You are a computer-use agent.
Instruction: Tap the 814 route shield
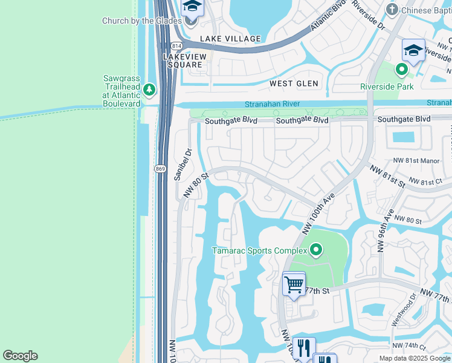click(x=176, y=46)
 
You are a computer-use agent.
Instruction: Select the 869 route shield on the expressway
click(x=160, y=168)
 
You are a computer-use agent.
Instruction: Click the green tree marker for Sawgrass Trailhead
click(x=149, y=90)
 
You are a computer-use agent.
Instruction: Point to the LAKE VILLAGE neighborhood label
click(x=230, y=39)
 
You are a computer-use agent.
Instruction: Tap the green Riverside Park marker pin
click(x=402, y=70)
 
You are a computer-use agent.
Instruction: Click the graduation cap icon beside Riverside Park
click(x=413, y=50)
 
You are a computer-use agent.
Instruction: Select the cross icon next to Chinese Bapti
click(x=392, y=10)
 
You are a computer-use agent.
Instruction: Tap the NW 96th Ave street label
click(x=386, y=231)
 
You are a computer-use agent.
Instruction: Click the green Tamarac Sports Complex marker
click(x=315, y=249)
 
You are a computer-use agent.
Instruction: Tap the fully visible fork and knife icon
click(x=304, y=347)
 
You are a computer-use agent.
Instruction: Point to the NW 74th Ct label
click(x=409, y=346)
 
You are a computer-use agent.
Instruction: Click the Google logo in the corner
click(x=20, y=356)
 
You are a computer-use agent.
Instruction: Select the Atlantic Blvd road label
click(x=329, y=16)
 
